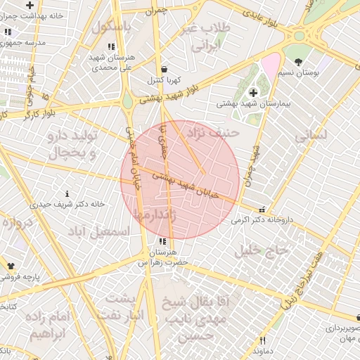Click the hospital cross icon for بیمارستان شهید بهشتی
pos(253,93)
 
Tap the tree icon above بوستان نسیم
pos(298,62)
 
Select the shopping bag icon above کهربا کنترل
pos(165,70)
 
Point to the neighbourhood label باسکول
pos(111,27)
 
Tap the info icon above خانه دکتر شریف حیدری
pos(67,193)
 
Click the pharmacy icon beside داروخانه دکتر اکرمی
pos(262,209)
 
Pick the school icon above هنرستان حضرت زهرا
pos(163,241)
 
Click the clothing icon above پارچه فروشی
pos(11,266)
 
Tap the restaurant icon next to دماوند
pos(262,340)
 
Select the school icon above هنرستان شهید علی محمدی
pos(111,46)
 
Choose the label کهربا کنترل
pos(164,81)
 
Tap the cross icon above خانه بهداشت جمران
pos(30,5)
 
